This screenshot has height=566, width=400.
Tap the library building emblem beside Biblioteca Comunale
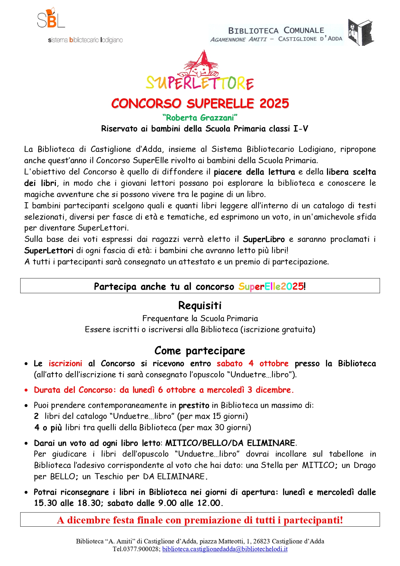click(360, 32)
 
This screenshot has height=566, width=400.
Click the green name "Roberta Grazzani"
click(200, 118)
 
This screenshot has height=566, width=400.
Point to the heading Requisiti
click(200, 305)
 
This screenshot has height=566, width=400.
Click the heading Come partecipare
click(200, 351)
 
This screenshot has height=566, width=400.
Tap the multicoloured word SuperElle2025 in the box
click(271, 286)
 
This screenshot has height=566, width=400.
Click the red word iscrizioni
click(65, 363)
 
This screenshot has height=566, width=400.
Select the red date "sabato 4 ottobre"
click(253, 363)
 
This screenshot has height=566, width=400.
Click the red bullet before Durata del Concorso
click(26, 390)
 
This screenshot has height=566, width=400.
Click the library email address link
click(225, 549)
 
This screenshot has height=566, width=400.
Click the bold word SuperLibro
click(264, 239)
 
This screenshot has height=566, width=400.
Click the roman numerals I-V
click(301, 129)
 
